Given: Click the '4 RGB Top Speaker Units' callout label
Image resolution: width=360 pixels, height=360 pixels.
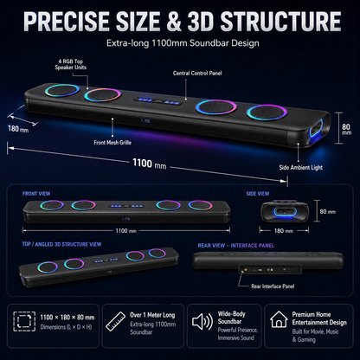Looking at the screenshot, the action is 71,64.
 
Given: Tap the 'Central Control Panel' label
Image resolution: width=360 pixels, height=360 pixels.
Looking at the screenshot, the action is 197,74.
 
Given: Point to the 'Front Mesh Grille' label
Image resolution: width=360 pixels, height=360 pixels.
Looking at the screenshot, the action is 112,143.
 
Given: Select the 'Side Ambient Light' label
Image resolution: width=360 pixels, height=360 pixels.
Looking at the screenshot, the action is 300,167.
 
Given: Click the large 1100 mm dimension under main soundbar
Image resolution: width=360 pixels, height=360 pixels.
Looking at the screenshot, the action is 149,164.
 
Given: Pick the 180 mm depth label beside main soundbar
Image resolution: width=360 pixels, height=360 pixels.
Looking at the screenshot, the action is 18,129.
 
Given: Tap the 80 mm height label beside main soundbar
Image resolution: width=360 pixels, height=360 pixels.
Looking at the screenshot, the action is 346,129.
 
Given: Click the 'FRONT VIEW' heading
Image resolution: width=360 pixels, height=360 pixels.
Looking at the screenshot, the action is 36,194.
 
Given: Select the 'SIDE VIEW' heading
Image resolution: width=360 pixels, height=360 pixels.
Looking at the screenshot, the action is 258,194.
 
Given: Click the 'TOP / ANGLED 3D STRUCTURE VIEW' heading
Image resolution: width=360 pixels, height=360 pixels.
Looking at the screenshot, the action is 61,244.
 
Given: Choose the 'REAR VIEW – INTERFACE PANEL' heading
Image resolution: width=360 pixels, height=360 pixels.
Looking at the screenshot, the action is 236,246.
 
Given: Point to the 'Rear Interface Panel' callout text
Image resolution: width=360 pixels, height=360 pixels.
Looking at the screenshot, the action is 273,286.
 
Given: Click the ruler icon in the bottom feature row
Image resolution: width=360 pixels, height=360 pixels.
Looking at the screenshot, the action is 115,321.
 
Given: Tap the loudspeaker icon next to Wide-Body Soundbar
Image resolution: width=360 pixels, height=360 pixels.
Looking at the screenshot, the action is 202,322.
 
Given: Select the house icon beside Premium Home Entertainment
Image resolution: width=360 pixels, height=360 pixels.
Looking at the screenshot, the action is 279,319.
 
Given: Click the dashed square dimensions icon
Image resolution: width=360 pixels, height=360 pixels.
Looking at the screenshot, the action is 24,321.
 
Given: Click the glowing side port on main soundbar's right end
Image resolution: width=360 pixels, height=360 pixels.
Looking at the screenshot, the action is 317,128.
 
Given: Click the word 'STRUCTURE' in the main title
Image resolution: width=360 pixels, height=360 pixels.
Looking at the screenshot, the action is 280,21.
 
